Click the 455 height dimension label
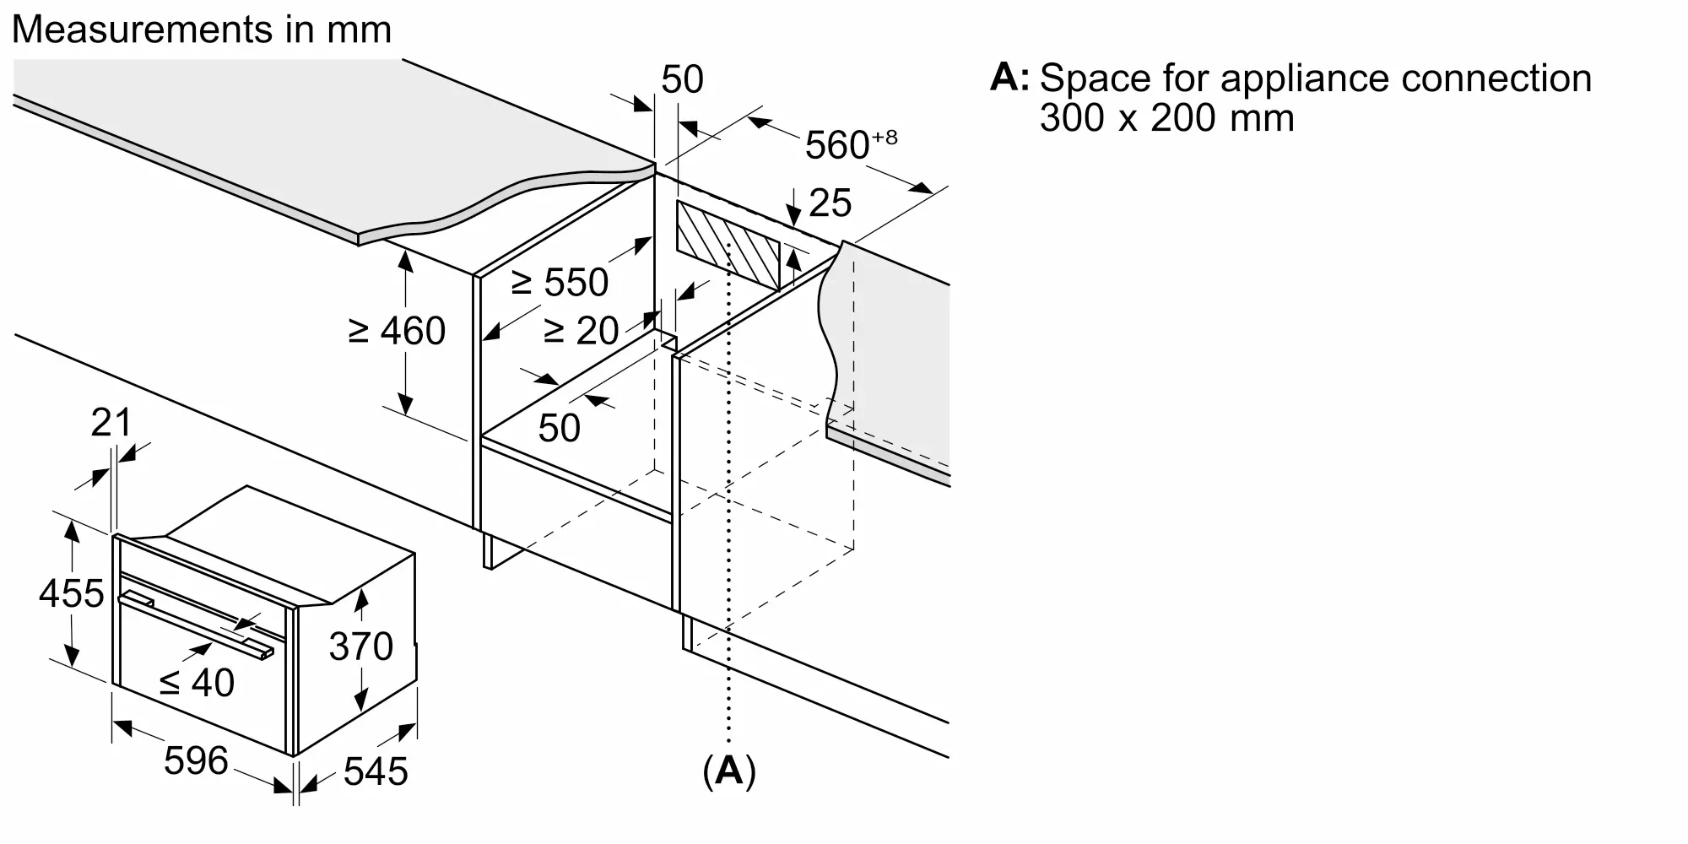[72, 593]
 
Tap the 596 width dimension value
[196, 760]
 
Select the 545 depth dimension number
[376, 771]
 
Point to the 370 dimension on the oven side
[361, 647]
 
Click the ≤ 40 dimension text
[197, 682]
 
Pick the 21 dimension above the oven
[111, 422]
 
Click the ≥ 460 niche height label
[397, 331]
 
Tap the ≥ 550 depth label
[560, 282]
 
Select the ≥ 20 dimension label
[582, 330]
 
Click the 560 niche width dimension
[851, 144]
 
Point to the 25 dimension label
[830, 203]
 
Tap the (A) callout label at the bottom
[729, 771]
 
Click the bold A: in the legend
[1009, 77]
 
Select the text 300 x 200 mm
[1167, 117]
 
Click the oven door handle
[196, 625]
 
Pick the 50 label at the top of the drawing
[682, 79]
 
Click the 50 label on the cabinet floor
[559, 428]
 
